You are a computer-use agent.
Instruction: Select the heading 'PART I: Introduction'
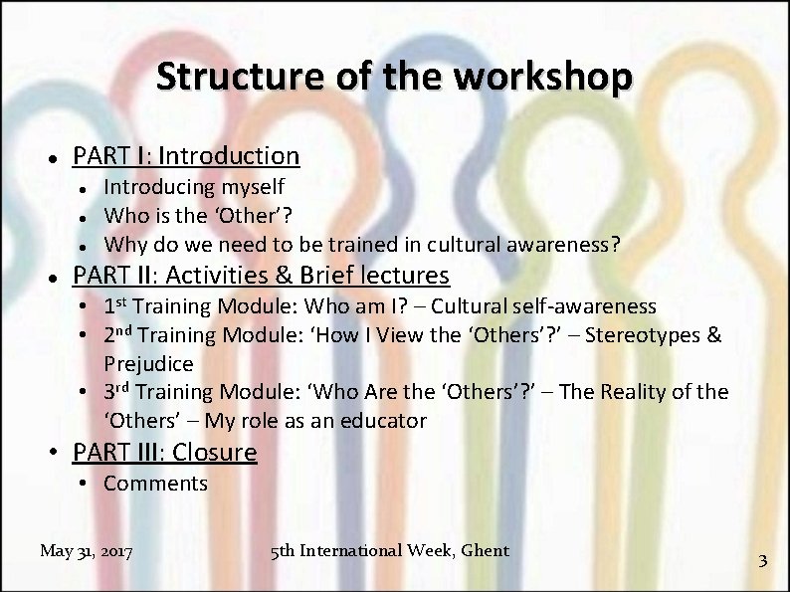point(186,156)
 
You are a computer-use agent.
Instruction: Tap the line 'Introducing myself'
point(194,187)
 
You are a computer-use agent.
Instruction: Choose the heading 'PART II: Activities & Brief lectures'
point(262,275)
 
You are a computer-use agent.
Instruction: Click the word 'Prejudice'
point(148,363)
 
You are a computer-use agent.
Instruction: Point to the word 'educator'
point(385,421)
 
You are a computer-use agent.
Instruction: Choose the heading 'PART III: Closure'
point(165,453)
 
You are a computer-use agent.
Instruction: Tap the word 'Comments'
point(155,485)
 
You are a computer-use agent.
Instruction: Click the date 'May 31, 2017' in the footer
point(88,550)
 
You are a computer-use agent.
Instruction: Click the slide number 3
point(762,560)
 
